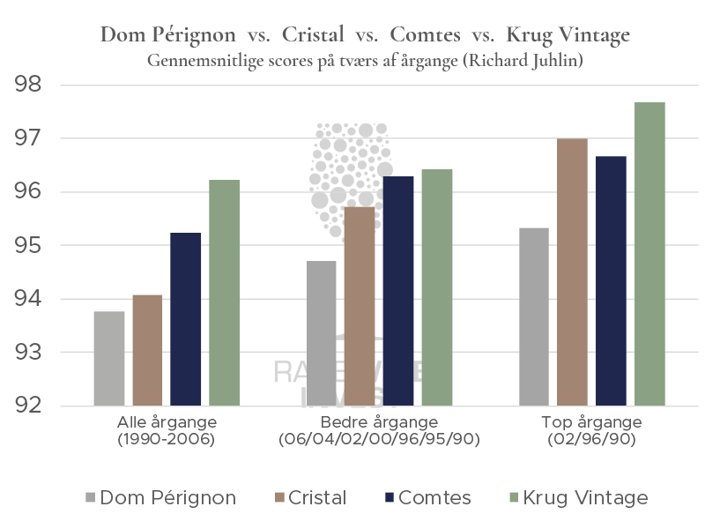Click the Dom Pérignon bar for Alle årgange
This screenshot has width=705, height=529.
(x=108, y=359)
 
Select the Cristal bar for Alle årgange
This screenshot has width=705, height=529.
(x=147, y=350)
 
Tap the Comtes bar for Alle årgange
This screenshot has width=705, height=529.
(x=186, y=319)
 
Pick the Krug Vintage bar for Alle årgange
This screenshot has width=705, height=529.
(x=225, y=293)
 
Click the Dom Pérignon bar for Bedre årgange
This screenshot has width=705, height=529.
(x=321, y=333)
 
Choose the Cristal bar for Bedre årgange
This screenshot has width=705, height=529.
(x=360, y=306)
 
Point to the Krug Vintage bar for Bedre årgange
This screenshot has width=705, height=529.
(x=437, y=287)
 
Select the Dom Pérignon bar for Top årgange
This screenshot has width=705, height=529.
(x=535, y=317)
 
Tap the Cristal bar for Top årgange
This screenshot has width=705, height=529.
(x=573, y=272)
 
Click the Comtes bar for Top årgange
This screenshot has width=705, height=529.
(x=612, y=281)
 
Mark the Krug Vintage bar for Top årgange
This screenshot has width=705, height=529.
(x=650, y=254)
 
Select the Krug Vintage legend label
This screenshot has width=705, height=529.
(x=586, y=498)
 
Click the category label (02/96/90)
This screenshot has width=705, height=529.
(x=592, y=438)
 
